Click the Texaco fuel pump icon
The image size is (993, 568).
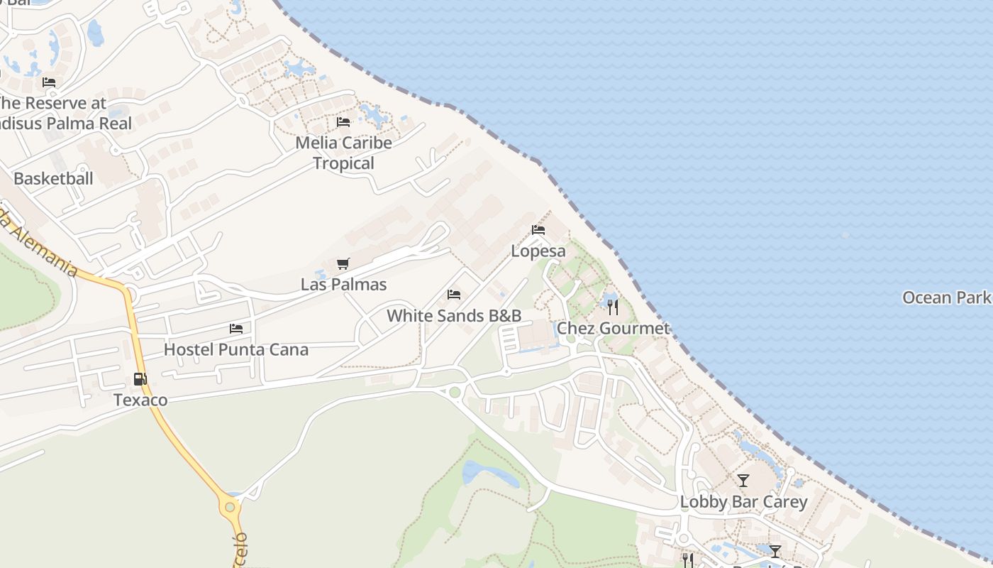[x=140, y=379]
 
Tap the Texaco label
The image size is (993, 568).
[x=140, y=400]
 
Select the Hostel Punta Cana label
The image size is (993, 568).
[x=236, y=349]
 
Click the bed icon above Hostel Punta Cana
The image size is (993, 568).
[x=236, y=329]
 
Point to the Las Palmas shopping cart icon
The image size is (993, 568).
[x=343, y=264]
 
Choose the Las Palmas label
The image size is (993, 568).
[x=344, y=285]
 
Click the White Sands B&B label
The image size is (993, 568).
[x=454, y=316]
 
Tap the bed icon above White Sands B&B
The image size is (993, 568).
[x=454, y=295]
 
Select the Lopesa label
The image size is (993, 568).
[x=538, y=251]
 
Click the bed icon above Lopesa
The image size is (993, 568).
[x=538, y=230]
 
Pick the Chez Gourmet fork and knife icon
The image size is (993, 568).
[x=613, y=307]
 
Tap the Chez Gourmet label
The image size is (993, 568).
[x=613, y=328]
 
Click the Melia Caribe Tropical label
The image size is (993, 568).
[x=344, y=153]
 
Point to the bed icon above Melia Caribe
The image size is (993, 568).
[x=343, y=122]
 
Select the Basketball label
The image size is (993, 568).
[x=53, y=178]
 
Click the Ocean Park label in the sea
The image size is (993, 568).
[x=946, y=297]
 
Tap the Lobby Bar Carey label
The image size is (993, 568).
[x=743, y=502]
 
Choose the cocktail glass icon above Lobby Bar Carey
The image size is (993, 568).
[x=743, y=481]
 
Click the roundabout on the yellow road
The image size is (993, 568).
[x=229, y=507]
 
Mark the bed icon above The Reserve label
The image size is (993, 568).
[x=49, y=82]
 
